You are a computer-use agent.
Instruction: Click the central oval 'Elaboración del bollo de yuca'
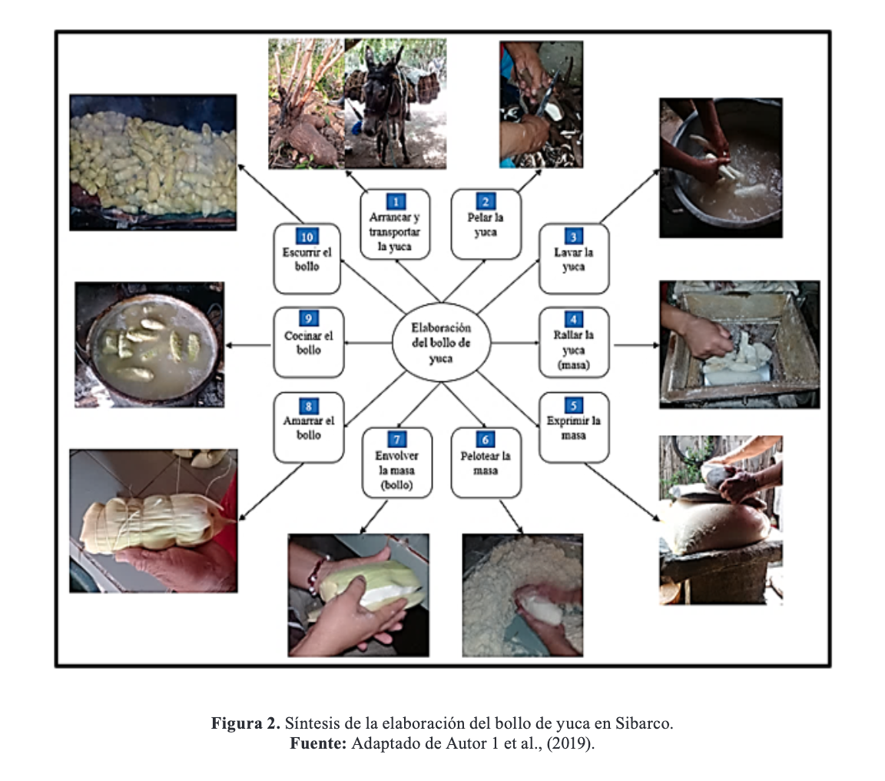[x=442, y=343]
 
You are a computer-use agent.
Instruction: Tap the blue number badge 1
[x=396, y=201]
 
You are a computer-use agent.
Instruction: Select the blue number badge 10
[x=307, y=237]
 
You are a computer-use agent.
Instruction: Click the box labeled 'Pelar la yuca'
[x=486, y=224]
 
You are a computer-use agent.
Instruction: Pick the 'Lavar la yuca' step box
[x=574, y=258]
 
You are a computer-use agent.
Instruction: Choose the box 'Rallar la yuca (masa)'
[x=574, y=342]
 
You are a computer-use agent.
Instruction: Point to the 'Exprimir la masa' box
[x=574, y=427]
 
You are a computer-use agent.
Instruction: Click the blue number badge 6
[x=486, y=440]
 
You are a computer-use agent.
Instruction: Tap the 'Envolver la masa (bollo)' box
[x=396, y=463]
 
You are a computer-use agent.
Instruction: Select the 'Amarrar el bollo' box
[x=309, y=427]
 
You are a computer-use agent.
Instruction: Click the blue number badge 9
[x=308, y=318]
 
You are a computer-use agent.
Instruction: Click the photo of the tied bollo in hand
[x=154, y=520]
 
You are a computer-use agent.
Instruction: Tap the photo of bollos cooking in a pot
[x=150, y=344]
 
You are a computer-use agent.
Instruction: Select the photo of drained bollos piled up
[x=153, y=163]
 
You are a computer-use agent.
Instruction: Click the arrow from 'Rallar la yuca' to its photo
[x=637, y=344]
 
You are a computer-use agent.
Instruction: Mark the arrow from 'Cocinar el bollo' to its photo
[x=248, y=345]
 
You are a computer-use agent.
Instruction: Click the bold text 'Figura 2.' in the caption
[x=246, y=723]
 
